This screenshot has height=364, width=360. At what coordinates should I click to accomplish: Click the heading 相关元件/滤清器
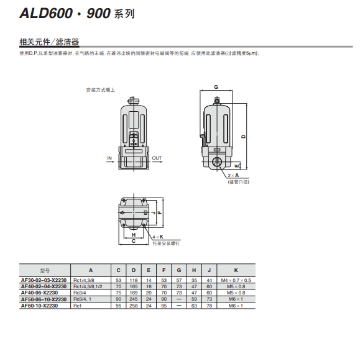tap(49, 42)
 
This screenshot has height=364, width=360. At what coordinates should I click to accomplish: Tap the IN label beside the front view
tap(109, 158)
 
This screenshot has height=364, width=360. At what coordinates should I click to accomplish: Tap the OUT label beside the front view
tap(157, 158)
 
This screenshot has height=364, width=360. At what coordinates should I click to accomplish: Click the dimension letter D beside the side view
tap(243, 137)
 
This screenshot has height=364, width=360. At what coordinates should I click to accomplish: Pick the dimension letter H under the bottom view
tap(134, 235)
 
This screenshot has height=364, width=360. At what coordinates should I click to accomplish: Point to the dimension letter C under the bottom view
tap(134, 242)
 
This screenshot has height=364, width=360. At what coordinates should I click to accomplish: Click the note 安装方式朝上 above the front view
tap(100, 90)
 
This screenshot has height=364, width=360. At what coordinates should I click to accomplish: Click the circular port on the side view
tap(218, 163)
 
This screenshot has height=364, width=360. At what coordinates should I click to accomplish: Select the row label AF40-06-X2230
tap(39, 293)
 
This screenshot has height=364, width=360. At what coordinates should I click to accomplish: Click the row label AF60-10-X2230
tap(39, 306)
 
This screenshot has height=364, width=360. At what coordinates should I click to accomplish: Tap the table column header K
tap(236, 270)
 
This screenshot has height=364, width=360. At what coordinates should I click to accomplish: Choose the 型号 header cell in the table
tap(44, 270)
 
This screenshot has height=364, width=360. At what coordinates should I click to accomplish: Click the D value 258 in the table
tap(134, 306)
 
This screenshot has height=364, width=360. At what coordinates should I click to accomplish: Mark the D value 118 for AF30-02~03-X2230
tap(134, 280)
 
